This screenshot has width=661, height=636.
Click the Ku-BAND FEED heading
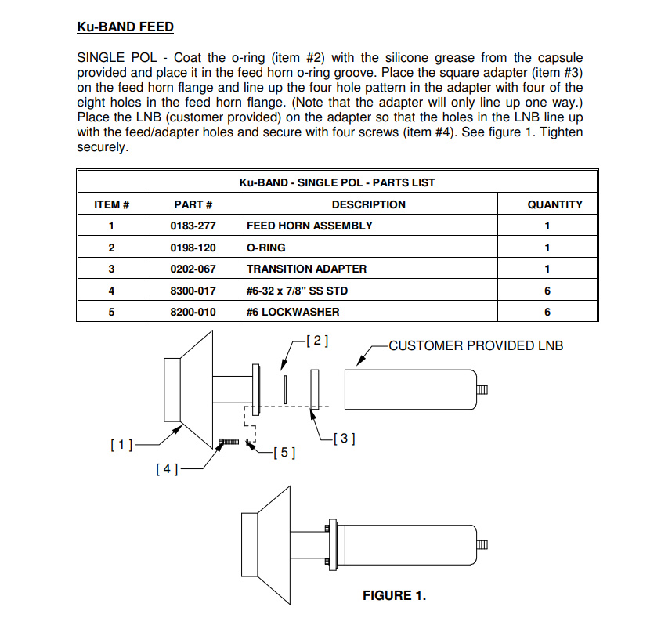pos(125,27)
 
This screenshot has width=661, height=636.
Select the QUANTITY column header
pos(554,204)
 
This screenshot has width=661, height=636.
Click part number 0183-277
pos(193,226)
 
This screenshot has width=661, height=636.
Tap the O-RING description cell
pos(266,248)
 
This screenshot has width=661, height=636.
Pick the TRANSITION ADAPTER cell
pos(306,269)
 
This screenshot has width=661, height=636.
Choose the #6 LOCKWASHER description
pos(294,312)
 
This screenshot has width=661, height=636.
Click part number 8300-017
pos(193,291)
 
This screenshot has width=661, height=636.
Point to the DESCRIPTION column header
pos(368,204)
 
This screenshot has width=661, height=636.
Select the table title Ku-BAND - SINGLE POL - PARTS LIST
pos(337,182)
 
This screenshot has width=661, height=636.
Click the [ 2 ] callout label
pos(316,341)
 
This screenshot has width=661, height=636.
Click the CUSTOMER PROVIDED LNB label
pos(475,345)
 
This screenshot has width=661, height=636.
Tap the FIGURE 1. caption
pos(394,596)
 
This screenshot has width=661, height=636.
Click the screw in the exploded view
pos(229,443)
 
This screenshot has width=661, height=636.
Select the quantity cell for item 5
pos(547,312)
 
